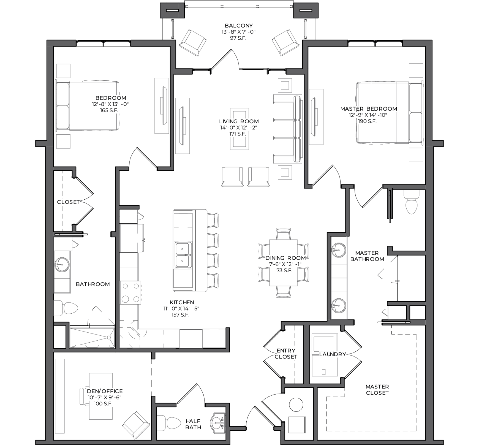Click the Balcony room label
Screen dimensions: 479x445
pos(239,26)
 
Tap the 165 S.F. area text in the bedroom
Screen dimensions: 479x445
pos(109,110)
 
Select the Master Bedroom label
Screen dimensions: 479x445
pos(369,109)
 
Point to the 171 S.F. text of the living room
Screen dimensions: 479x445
pos(238,134)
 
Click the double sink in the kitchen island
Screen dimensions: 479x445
pos(183,256)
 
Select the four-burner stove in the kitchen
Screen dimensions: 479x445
pos(130,292)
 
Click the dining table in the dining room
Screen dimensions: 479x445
pos(283,263)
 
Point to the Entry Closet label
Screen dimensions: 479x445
pos(286,354)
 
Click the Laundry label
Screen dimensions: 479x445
pos(333,354)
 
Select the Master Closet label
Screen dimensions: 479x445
pos(377,390)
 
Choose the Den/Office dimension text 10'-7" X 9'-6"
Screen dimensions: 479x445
pos(104,397)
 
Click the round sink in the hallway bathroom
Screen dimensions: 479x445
pos(62,265)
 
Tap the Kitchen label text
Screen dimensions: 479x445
pos(182,302)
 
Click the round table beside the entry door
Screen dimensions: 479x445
pos(296,405)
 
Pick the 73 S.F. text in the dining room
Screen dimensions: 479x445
pos(284,270)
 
